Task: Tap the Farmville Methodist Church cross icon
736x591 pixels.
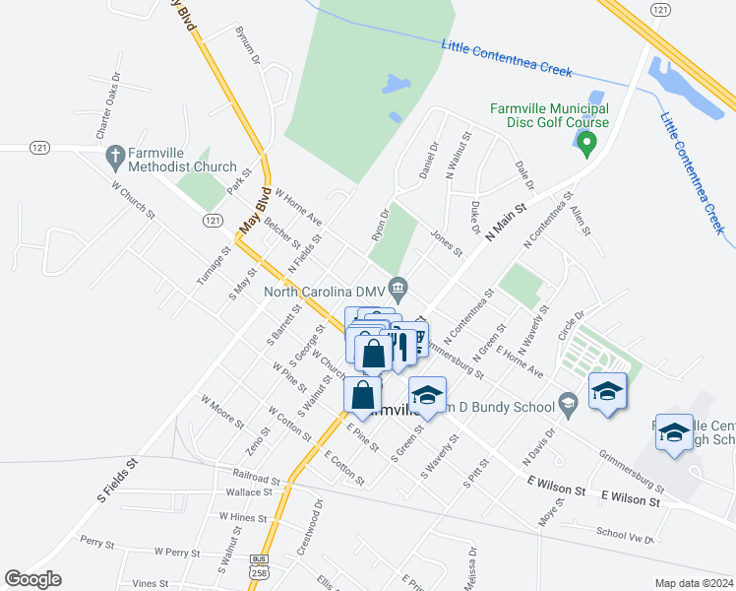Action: pos(114,156)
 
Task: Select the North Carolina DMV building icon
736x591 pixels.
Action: pos(398,290)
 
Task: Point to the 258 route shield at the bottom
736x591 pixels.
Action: pos(259,573)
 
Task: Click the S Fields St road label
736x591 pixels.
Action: pos(117,480)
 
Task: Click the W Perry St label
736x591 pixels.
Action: pos(176,552)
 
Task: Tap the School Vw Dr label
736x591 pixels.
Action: pos(625,535)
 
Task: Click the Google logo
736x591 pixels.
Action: pos(32,579)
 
